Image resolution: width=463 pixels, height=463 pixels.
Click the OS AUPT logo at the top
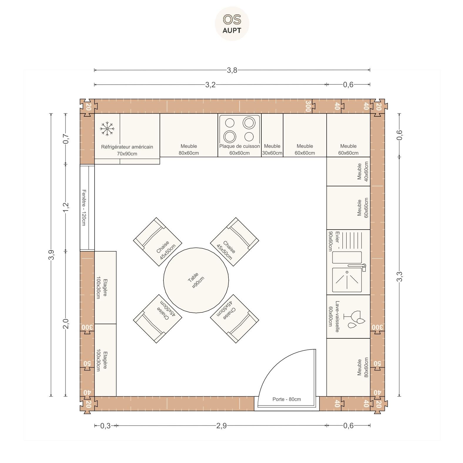(x=232, y=24)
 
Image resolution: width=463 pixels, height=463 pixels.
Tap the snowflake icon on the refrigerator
(x=107, y=128)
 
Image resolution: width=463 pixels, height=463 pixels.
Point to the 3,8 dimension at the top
(x=232, y=70)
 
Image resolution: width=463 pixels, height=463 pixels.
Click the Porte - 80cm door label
(x=287, y=399)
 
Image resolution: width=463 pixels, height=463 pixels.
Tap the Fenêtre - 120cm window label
(x=84, y=208)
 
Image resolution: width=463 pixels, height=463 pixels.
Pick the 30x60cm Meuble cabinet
(x=272, y=135)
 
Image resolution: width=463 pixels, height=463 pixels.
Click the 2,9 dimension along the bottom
(x=221, y=425)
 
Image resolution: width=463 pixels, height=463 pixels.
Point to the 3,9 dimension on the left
(x=51, y=255)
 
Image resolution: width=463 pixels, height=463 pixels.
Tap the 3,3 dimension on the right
(x=399, y=277)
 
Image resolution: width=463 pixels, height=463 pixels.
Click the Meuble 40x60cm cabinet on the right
(x=348, y=171)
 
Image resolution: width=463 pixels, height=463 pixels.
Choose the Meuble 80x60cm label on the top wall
(x=189, y=149)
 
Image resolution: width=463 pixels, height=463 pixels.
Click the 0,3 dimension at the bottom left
(x=105, y=425)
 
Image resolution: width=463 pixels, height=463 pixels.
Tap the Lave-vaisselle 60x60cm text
(x=334, y=316)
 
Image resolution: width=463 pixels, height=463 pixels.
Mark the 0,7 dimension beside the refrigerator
(x=66, y=138)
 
